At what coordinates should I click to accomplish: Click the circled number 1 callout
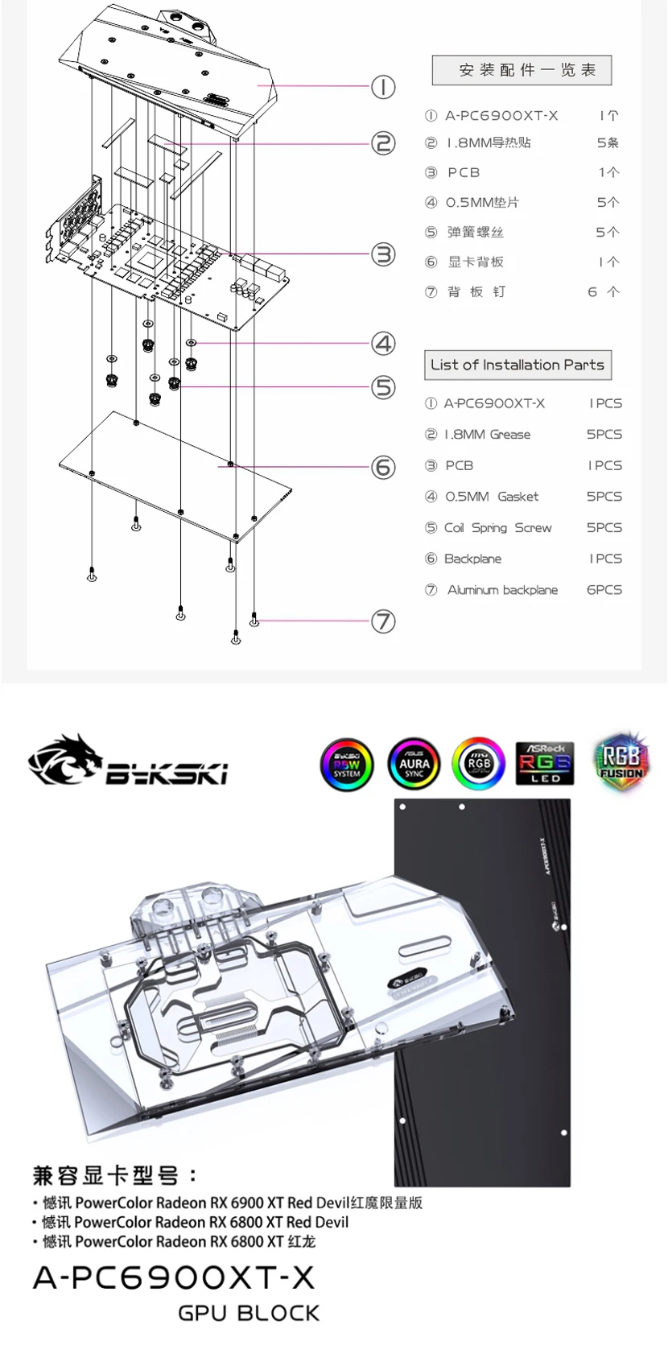(383, 87)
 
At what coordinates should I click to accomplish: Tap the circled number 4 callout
(383, 344)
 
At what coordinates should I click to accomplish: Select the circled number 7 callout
(383, 621)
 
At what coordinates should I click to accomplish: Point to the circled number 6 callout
(383, 467)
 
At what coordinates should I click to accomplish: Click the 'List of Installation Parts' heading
(517, 365)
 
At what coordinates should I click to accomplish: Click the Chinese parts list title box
(522, 71)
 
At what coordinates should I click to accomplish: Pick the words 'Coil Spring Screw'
(498, 528)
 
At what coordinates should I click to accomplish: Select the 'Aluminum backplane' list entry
(503, 590)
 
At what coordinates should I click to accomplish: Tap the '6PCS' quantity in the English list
(604, 590)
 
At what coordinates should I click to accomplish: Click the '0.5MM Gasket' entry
(492, 497)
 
